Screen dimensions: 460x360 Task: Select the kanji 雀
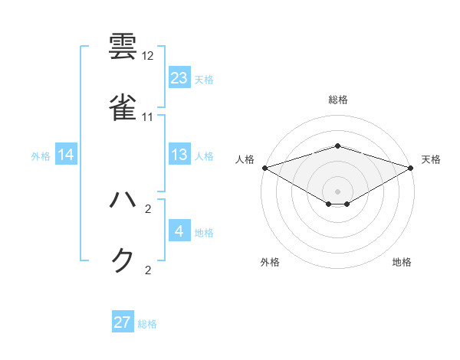124,106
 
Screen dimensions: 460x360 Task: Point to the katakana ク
123,260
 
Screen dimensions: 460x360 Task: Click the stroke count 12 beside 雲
148,56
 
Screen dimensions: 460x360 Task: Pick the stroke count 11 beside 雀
148,116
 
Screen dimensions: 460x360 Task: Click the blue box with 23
179,78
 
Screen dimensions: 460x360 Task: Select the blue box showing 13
179,155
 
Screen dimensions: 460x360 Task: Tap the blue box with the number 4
179,231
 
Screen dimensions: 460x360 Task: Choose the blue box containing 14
66,155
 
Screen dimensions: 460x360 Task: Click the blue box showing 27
123,322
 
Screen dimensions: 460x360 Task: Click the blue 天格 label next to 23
204,80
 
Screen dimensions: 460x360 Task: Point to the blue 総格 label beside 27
147,324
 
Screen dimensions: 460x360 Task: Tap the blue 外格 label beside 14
41,156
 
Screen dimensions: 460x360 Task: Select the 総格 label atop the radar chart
338,100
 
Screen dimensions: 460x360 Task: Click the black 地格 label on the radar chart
402,263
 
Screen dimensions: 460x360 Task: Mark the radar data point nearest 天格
411,167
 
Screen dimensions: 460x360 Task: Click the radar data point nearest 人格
264,167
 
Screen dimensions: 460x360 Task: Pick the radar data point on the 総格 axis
338,146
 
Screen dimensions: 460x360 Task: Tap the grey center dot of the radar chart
338,191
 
